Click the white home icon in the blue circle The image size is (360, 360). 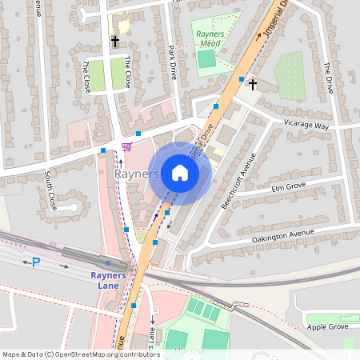tap(180, 173)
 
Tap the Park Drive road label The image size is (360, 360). tap(172, 61)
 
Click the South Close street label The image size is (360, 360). tap(51, 189)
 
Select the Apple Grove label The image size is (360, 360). tap(328, 327)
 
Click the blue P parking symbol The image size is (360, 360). tap(35, 262)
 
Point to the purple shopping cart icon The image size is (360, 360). tap(126, 146)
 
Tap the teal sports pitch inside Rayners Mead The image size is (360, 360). tap(207, 59)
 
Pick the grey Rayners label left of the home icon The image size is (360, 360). tap(137, 174)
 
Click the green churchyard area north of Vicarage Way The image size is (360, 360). tap(290, 75)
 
